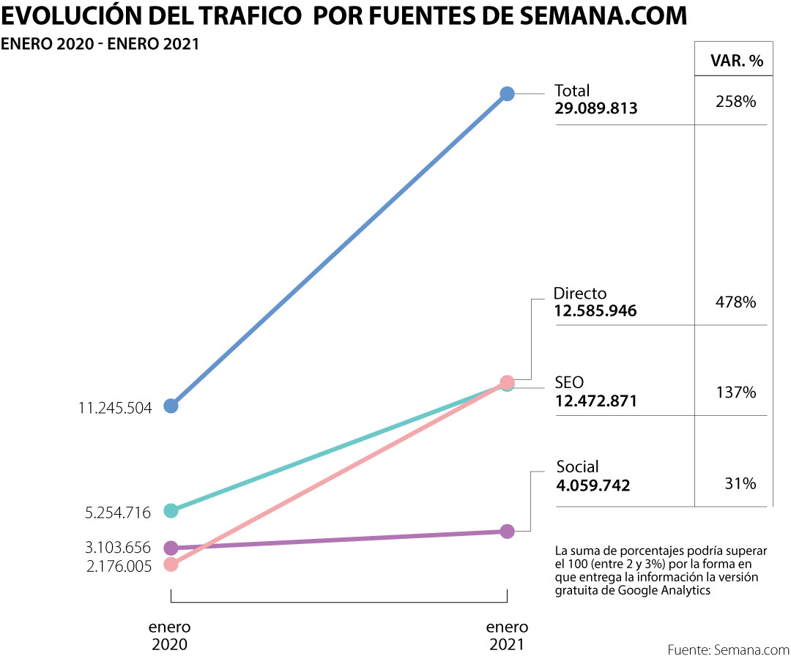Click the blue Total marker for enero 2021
(x=507, y=93)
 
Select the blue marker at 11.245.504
(x=171, y=406)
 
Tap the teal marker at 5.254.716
(x=171, y=510)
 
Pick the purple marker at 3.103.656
(x=171, y=547)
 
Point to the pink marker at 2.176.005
(x=171, y=565)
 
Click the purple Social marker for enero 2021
(x=507, y=531)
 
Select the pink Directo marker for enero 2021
(x=506, y=381)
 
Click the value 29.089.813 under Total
(x=596, y=108)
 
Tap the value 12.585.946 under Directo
(x=595, y=310)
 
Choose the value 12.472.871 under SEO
(x=595, y=401)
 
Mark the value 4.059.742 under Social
(x=593, y=485)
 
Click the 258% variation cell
(x=735, y=102)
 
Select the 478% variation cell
(x=735, y=301)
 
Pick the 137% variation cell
(x=735, y=392)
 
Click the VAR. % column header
(x=737, y=61)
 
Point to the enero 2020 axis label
(x=170, y=636)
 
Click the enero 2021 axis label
(x=507, y=636)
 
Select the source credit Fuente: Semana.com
(x=728, y=649)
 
